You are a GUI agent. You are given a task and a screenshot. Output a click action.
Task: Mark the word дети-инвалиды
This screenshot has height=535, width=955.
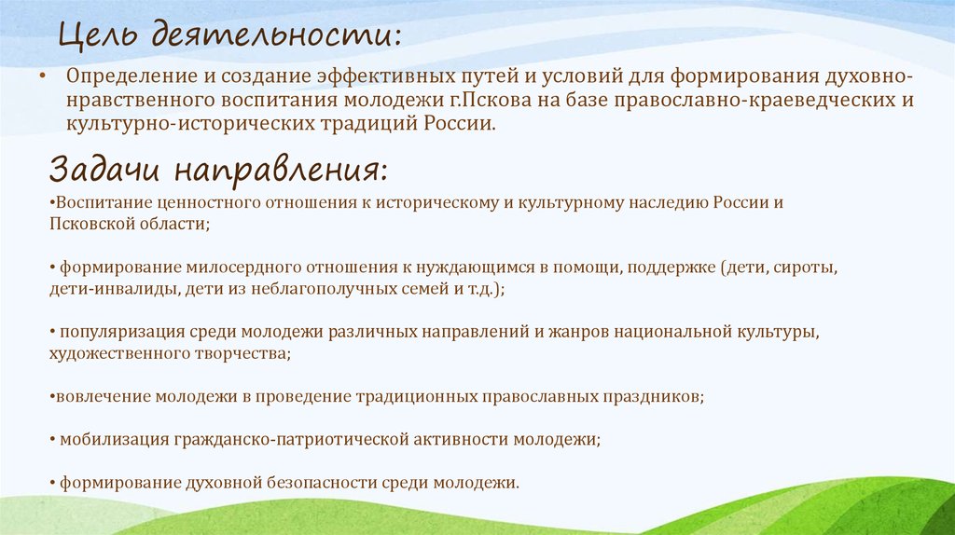99,289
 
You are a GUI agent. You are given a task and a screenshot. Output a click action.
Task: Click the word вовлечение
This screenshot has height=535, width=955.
97,396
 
